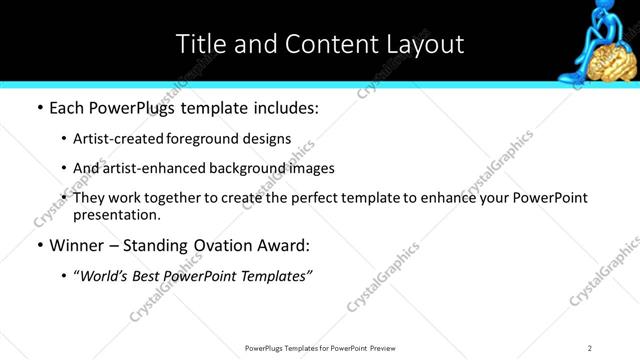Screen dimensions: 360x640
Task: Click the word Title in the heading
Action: pos(198,44)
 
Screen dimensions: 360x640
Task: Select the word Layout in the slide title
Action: pos(421,44)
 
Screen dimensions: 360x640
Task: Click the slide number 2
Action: pos(589,347)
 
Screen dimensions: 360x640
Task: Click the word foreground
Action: pos(197,138)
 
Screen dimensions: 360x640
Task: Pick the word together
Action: pos(180,198)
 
